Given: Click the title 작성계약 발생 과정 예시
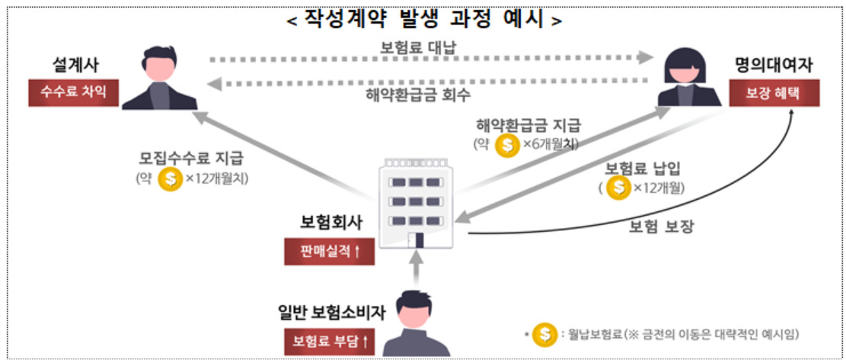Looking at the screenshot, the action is coord(424,20).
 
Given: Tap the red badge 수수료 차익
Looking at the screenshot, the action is coord(73,92).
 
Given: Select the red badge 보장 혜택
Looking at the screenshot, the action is coord(774,93).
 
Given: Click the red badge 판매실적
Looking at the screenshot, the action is coord(329,251).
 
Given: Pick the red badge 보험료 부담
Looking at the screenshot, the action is coord(330,342).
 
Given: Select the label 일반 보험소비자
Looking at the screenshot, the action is coord(332,313).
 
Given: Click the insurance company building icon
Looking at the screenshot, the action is coord(416,203).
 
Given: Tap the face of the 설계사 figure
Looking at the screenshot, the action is coord(160,68).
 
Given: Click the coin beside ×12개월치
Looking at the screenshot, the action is coord(170,179).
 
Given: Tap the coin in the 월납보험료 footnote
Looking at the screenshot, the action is coord(545,335).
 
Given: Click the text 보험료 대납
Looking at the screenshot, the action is coord(418,47).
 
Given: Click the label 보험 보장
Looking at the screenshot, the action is coord(662,227).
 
